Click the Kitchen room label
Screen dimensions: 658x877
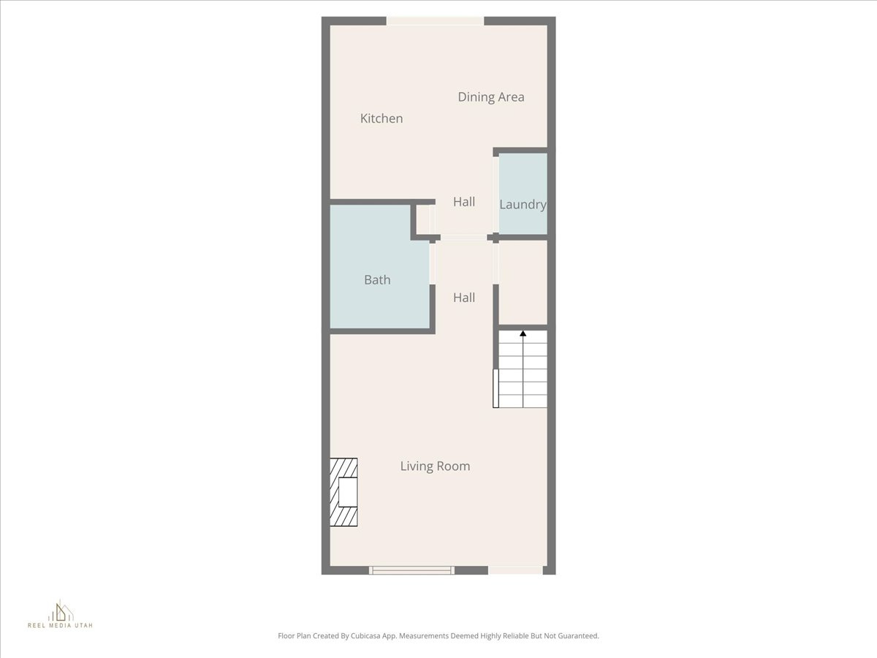[x=381, y=118]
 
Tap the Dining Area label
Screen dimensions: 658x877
[x=491, y=97]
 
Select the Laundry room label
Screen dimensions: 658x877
[x=523, y=205]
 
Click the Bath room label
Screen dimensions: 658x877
[x=377, y=279]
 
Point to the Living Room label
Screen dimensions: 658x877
[x=435, y=466]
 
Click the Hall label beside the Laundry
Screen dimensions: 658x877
[x=464, y=202]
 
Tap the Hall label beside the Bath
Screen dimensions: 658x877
[x=464, y=298]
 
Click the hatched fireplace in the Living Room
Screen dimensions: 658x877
[x=343, y=492]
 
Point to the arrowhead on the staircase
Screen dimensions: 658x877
[x=523, y=334]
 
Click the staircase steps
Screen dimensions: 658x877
[x=523, y=373]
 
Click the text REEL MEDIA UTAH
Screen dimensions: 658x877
[x=60, y=626]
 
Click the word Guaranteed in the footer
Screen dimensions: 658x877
[x=575, y=636]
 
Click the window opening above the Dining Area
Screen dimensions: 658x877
[x=435, y=21]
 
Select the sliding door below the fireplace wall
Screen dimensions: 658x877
[x=411, y=570]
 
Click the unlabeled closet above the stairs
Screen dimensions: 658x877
[x=523, y=282]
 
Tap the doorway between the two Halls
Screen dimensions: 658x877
[x=463, y=238]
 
